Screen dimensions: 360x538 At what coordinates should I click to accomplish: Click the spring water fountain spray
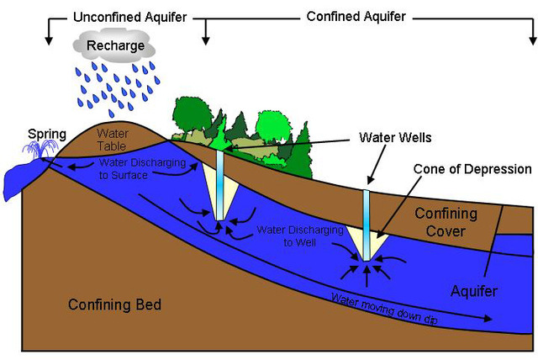39,151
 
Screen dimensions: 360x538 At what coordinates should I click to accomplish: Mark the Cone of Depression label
472,168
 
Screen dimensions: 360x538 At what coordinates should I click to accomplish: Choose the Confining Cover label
446,222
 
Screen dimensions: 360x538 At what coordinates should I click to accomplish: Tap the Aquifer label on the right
474,291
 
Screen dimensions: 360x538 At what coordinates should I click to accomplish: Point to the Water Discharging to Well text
287,235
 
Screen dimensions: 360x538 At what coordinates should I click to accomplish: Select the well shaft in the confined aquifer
367,223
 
